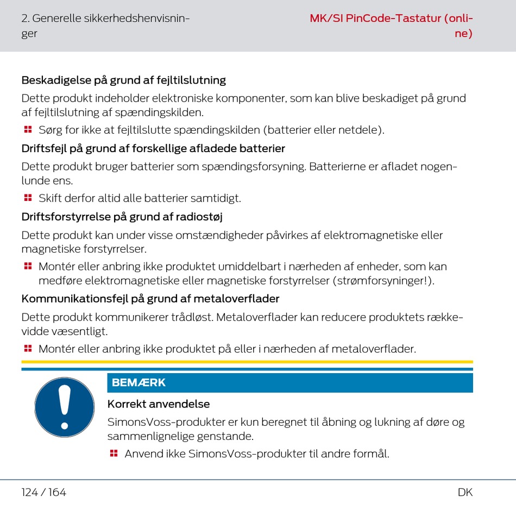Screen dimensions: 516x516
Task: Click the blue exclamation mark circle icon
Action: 65,407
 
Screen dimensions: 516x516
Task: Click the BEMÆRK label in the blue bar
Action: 139,383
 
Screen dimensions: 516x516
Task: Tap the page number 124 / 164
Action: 43,493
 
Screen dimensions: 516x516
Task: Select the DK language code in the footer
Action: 465,493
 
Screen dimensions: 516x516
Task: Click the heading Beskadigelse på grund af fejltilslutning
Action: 123,80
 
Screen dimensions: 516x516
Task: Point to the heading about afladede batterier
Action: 153,148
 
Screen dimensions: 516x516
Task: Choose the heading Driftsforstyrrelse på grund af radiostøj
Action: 122,217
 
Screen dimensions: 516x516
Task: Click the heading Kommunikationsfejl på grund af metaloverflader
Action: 150,299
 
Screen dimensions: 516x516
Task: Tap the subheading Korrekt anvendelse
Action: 159,404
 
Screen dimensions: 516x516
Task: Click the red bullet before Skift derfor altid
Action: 28,198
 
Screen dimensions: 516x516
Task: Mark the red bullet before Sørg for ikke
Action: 28,130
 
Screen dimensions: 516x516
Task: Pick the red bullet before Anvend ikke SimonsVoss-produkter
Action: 114,453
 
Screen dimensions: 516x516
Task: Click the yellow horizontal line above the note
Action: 247,362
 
